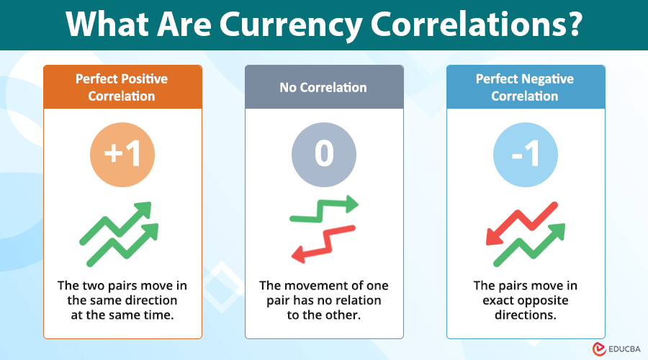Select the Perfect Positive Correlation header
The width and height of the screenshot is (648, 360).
coord(122,87)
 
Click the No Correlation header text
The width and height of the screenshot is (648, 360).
coord(323,88)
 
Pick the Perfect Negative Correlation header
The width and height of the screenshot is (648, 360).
coord(525,87)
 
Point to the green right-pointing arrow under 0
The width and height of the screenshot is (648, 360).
coord(323,209)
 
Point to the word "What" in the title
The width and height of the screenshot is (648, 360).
coord(109,25)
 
